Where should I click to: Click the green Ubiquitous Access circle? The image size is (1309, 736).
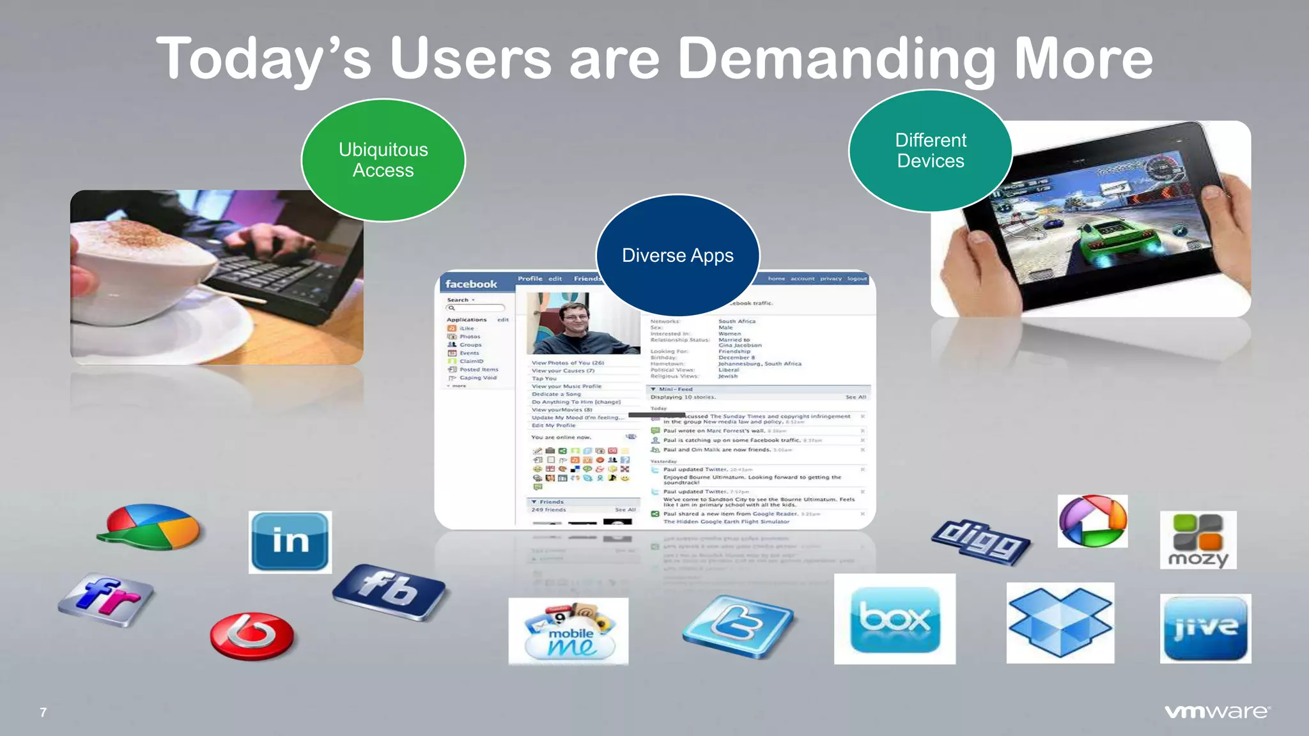[x=383, y=160]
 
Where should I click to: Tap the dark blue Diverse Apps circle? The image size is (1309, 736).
[x=678, y=256]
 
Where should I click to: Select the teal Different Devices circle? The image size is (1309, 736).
[x=931, y=151]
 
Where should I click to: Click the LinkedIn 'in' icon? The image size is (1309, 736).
[x=290, y=542]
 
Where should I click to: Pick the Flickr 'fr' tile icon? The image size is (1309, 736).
[x=106, y=599]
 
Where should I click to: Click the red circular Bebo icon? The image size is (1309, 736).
[x=252, y=636]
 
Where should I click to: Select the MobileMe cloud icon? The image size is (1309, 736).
[x=568, y=631]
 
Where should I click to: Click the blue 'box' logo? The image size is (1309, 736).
[x=895, y=618]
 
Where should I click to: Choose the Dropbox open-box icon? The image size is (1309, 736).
[x=1060, y=622]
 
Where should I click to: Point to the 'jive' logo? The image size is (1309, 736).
[x=1205, y=628]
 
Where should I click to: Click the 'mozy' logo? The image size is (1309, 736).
[x=1198, y=540]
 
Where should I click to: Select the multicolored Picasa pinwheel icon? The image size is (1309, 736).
[x=1092, y=521]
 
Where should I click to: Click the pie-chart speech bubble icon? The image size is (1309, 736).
[x=150, y=527]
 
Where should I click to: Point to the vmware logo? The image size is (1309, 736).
[x=1217, y=712]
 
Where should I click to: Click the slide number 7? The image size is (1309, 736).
[x=43, y=712]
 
